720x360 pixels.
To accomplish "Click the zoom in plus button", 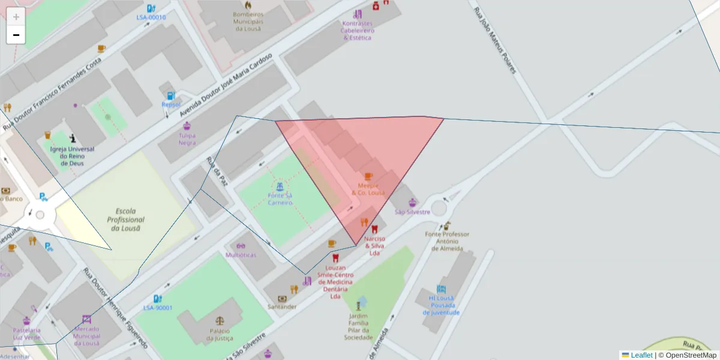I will (x=16, y=17).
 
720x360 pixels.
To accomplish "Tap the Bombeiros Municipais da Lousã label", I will (x=249, y=21).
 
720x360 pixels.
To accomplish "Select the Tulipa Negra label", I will (x=187, y=139).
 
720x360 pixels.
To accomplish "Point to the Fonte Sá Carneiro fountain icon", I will (x=280, y=186).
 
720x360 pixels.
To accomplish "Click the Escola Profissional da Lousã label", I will (x=126, y=220).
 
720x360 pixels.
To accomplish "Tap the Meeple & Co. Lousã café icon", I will (x=368, y=176).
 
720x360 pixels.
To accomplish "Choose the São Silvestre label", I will (x=412, y=212).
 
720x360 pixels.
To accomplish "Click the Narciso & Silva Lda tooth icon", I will (x=375, y=229).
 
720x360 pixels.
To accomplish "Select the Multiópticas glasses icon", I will (x=241, y=245).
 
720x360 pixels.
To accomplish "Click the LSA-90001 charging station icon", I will (x=157, y=298).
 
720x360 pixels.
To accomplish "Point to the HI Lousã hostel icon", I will (x=441, y=289).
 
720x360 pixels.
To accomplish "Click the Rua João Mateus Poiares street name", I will (x=495, y=40).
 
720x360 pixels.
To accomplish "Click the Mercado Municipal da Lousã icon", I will (x=86, y=319).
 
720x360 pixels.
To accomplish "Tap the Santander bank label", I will (x=282, y=307).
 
